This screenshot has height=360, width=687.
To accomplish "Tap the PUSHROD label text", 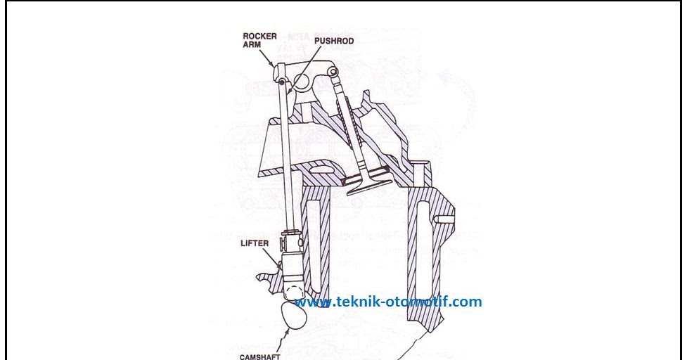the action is (333, 41).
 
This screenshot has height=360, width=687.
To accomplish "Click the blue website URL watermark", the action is (388, 302).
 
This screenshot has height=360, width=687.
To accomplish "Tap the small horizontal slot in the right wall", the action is (442, 219).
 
